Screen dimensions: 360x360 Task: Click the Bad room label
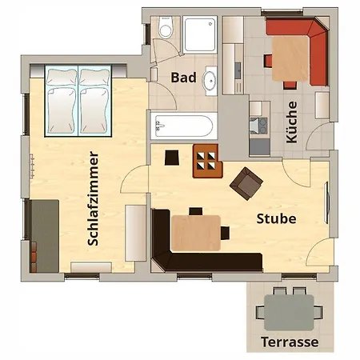click(183, 78)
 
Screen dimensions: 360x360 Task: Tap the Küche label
click(291, 122)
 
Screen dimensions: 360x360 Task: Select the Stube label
click(276, 218)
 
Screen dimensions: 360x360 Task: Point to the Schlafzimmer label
click(93, 198)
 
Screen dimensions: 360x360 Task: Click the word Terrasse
click(290, 342)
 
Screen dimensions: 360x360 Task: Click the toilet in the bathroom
click(166, 27)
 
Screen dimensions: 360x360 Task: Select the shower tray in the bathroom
click(200, 34)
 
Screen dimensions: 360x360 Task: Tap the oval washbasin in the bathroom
click(210, 81)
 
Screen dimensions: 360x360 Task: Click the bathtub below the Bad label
click(184, 126)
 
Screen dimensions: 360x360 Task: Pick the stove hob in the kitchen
click(258, 126)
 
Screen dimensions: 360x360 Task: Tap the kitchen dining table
click(290, 58)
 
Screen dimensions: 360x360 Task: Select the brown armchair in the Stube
click(246, 183)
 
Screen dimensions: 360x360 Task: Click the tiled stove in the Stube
click(207, 161)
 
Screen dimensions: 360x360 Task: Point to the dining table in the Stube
click(196, 233)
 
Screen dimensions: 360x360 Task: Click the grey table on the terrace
click(289, 312)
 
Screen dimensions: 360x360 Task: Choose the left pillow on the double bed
click(62, 77)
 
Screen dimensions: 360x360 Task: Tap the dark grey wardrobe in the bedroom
click(44, 236)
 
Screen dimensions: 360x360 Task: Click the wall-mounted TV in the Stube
click(326, 202)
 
